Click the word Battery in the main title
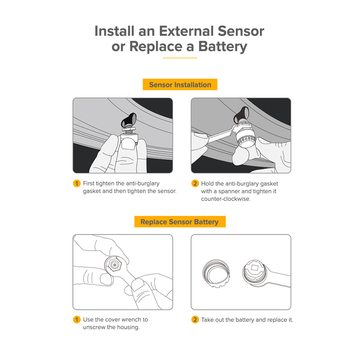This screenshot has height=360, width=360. coord(223,47)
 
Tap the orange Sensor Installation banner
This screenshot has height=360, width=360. coord(180,85)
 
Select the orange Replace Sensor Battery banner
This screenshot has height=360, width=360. coord(180,222)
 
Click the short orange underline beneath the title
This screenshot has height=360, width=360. coord(180,58)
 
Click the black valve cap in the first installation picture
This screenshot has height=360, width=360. coord(130,119)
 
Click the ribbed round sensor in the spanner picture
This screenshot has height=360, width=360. coord(246,139)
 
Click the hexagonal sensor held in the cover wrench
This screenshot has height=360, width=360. coord(114,265)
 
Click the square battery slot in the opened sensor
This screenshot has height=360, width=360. coord(255,267)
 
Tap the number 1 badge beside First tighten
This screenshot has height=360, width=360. coord(77,184)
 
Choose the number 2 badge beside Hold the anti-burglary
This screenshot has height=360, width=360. coord(195,184)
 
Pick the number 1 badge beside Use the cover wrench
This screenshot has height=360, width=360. coord(77,320)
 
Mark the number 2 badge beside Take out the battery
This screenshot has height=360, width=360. coord(195,320)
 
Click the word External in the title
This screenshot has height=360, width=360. coord(186,31)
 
